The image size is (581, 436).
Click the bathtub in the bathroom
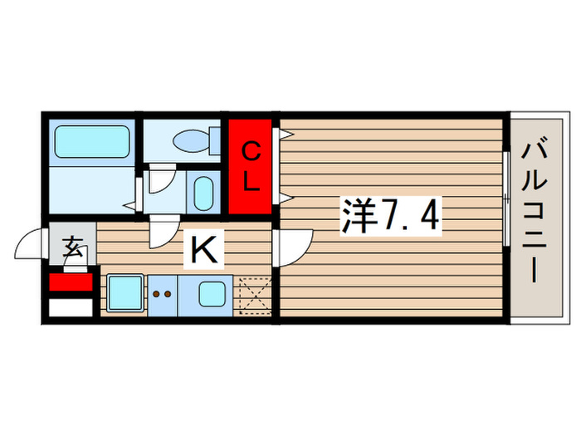[92, 141]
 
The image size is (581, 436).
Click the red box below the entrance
[71, 282]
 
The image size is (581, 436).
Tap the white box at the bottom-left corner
[71, 308]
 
